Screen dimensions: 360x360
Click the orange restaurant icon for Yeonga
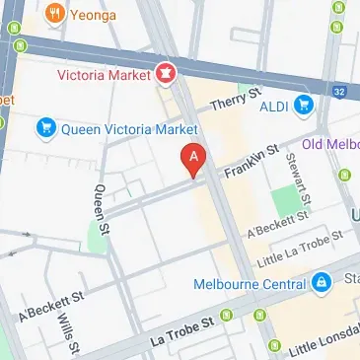[53, 14]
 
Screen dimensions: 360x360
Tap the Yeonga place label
[92, 14]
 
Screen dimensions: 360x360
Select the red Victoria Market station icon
[165, 73]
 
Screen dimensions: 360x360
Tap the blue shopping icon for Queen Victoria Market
[44, 126]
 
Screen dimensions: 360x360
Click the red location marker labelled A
[194, 158]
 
